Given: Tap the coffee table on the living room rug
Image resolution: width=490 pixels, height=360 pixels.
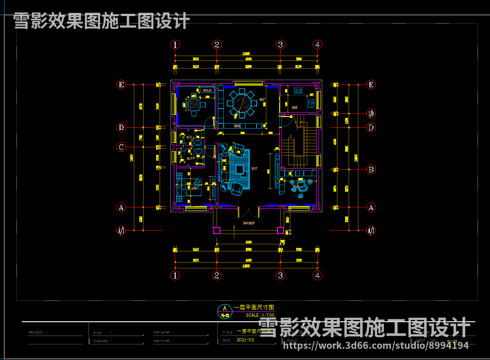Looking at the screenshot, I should [x=240, y=170].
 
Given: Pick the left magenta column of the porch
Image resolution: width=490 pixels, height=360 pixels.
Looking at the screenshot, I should [x=217, y=230].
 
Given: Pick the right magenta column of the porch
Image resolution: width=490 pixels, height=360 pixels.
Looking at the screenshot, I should [x=281, y=230].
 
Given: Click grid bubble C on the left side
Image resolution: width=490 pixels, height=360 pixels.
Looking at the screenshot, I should [x=120, y=147].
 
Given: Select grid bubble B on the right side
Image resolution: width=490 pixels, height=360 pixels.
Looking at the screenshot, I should [x=371, y=169].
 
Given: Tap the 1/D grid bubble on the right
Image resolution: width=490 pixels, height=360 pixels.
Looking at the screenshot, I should [x=371, y=113].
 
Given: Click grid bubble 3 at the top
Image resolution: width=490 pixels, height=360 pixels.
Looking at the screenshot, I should [x=280, y=44].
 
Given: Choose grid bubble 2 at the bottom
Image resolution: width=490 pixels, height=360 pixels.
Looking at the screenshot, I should [x=217, y=275].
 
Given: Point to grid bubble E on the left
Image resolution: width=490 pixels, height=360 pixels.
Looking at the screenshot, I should [x=120, y=85].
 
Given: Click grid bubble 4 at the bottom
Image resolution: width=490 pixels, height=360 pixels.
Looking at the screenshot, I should [x=317, y=275].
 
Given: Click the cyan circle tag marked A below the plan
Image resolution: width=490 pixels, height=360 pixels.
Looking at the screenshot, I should [x=225, y=308].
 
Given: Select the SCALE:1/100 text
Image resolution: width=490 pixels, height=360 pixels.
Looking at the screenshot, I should [x=260, y=315].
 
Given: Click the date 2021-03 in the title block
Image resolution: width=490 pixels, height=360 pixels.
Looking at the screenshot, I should [x=245, y=340].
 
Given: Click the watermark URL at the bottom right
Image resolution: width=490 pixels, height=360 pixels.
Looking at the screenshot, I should [x=376, y=345].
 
